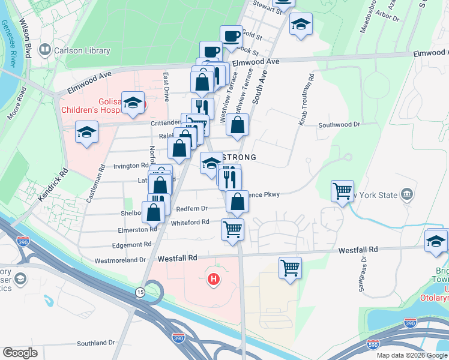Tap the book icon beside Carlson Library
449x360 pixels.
click(x=44, y=49)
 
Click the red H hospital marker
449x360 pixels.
click(x=212, y=279)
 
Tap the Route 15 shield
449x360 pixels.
click(x=140, y=292)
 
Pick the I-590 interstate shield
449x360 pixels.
click(x=373, y=344)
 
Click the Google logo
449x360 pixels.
click(x=20, y=353)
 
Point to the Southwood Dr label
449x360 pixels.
click(x=339, y=125)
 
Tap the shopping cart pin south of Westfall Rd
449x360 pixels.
click(x=291, y=267)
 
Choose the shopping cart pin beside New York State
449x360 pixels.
click(x=342, y=191)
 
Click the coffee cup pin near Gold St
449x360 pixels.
click(x=231, y=36)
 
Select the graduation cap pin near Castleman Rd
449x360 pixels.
click(x=87, y=131)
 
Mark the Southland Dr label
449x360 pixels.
click(x=95, y=343)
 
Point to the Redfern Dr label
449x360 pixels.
click(x=192, y=208)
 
